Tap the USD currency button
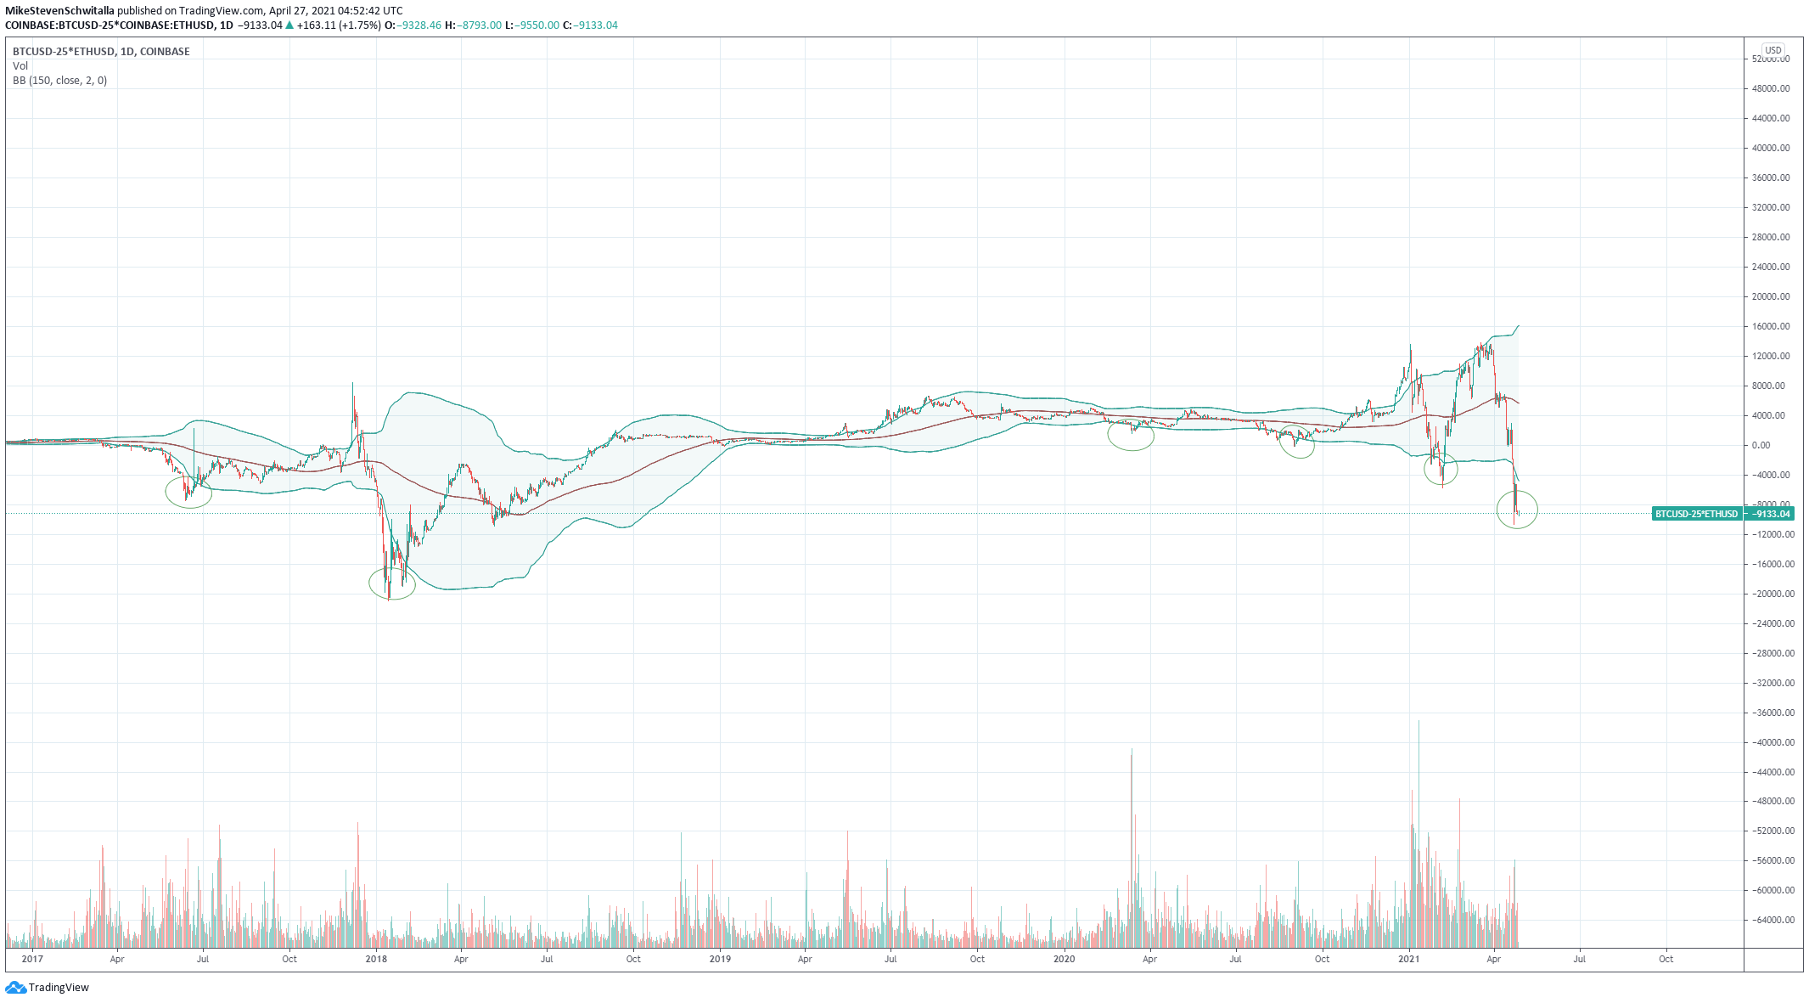[1772, 50]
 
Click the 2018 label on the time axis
[375, 959]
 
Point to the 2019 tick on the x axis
[719, 959]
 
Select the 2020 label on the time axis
[1064, 959]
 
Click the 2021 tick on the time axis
[1408, 959]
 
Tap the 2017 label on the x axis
[32, 959]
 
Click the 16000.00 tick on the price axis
[1771, 326]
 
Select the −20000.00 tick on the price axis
[1769, 594]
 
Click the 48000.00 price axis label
[1771, 88]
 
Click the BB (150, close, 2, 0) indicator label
[59, 81]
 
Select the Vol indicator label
[20, 66]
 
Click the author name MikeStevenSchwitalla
[59, 11]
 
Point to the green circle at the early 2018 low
[392, 583]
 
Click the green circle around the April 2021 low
[1517, 510]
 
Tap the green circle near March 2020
[1131, 436]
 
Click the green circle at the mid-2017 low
[188, 492]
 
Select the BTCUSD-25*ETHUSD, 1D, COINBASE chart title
[101, 52]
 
